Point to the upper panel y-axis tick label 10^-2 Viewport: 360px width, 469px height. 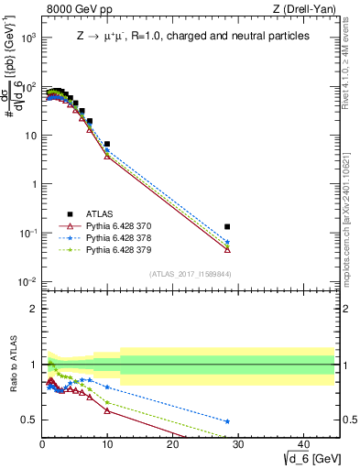(x=27, y=281)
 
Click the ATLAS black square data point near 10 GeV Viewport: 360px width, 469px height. (x=107, y=144)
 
